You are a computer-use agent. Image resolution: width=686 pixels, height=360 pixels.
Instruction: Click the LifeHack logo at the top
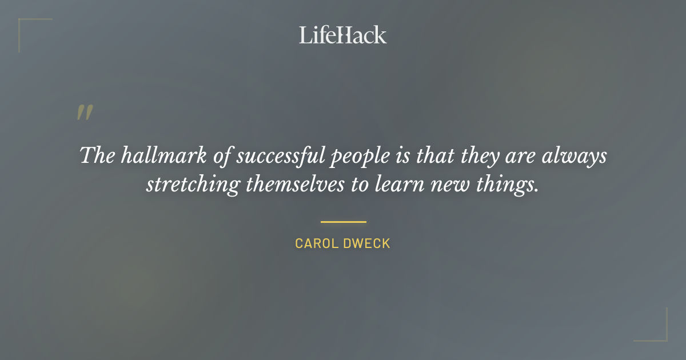(343, 35)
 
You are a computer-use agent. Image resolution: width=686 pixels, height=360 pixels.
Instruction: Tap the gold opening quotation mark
(85, 113)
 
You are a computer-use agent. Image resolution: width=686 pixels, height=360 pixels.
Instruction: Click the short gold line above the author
(343, 222)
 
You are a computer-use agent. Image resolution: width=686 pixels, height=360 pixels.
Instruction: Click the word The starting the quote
(97, 156)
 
